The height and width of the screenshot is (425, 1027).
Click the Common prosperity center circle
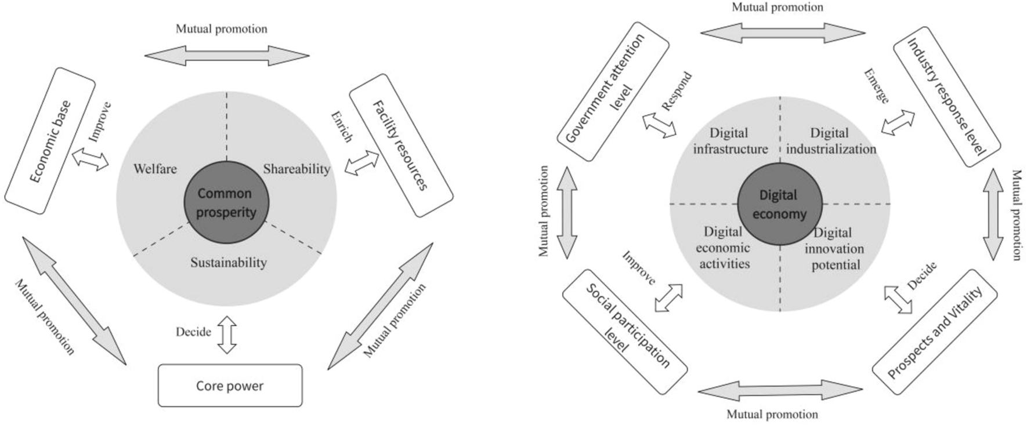pos(226,202)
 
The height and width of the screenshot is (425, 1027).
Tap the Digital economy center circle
pos(779,204)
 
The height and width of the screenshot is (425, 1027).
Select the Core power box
pos(230,386)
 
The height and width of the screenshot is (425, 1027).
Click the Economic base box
pos(50,141)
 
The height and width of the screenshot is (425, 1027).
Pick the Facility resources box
pos(400,152)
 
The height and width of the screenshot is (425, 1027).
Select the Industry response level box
pos(946,97)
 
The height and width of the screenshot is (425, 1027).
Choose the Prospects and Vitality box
pos(934,332)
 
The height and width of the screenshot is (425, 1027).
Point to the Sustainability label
pos(229,263)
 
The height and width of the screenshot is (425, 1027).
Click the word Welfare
pos(155,169)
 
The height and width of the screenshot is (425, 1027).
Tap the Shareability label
pos(296,169)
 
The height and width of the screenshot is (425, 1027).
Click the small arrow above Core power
pos(227,335)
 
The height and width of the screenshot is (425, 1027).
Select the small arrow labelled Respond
pos(659,125)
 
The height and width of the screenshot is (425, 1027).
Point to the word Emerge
pos(876,86)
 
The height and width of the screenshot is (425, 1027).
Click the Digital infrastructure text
pos(729,141)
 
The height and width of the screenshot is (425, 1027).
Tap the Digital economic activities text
pos(724,248)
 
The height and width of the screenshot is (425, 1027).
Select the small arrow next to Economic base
pos(90,158)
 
